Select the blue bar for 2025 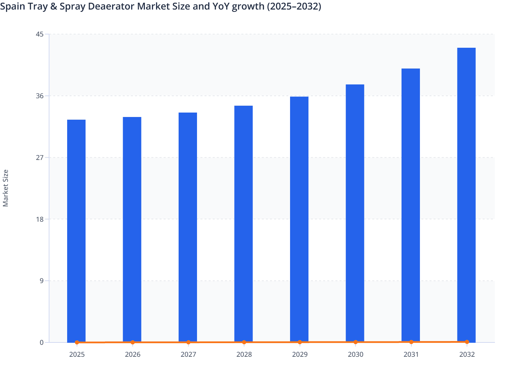point(76,231)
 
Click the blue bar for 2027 point(188,227)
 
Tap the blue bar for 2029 point(299,219)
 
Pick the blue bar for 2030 point(355,213)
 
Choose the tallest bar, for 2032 point(466,195)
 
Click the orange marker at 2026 point(133,342)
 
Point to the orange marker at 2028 point(244,342)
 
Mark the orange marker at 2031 point(411,342)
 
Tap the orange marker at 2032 point(467,342)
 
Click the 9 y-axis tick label point(42,281)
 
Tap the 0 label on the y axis point(42,342)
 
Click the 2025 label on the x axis point(77,354)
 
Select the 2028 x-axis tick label point(244,354)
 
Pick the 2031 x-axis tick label point(411,354)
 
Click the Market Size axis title point(5,188)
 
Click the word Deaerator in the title point(111,6)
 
